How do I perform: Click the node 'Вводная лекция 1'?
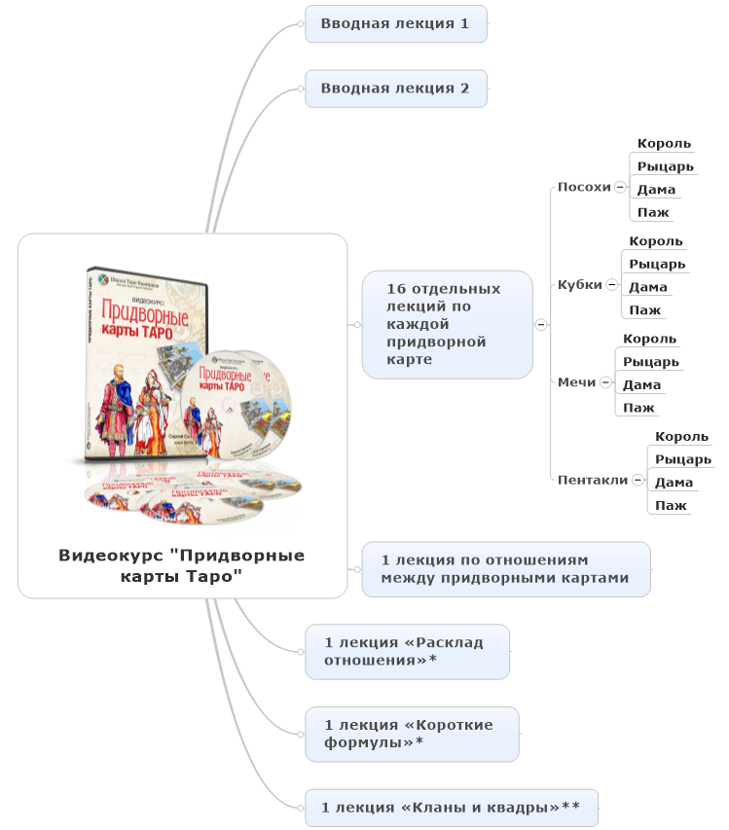(395, 23)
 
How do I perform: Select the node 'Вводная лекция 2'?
(395, 89)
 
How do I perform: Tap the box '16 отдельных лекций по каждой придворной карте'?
(447, 324)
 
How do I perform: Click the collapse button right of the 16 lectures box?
(541, 324)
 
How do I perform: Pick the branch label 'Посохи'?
(584, 187)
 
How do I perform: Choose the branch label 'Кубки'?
(580, 285)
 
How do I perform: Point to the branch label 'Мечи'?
(576, 382)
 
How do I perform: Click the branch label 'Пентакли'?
(592, 480)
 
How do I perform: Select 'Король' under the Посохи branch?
(664, 144)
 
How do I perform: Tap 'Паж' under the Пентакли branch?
(671, 505)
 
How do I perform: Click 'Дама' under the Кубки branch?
(647, 287)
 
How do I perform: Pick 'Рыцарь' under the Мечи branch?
(650, 362)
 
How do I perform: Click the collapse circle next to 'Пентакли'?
(638, 480)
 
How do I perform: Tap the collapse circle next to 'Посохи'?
(620, 187)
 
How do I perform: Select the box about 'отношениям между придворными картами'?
(505, 569)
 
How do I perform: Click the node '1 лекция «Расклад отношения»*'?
(407, 651)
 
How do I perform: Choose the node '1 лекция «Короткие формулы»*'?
(412, 734)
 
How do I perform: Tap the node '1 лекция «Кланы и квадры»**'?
(451, 807)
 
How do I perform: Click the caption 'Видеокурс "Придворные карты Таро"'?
(182, 565)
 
